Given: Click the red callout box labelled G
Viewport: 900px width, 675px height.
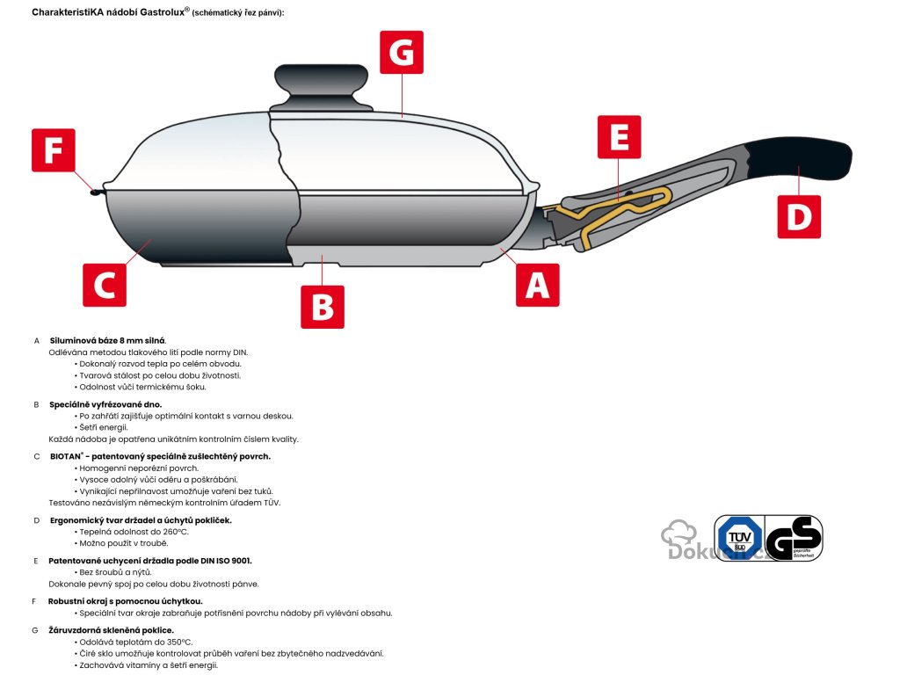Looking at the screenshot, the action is click(x=401, y=52).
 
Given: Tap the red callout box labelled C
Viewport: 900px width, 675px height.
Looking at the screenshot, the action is click(x=105, y=285).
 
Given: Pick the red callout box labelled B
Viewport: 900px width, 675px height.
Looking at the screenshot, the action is click(x=323, y=307).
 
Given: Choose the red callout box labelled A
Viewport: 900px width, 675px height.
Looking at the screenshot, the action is click(x=537, y=285).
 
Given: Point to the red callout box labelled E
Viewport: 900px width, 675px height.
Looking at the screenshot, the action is click(x=619, y=136).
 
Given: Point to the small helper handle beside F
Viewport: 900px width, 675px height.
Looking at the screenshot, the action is click(x=96, y=191).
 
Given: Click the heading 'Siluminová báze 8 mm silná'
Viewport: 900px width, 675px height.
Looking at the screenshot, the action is click(x=108, y=340).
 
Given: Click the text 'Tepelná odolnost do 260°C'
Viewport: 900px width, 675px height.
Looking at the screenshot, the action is click(x=134, y=532).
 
